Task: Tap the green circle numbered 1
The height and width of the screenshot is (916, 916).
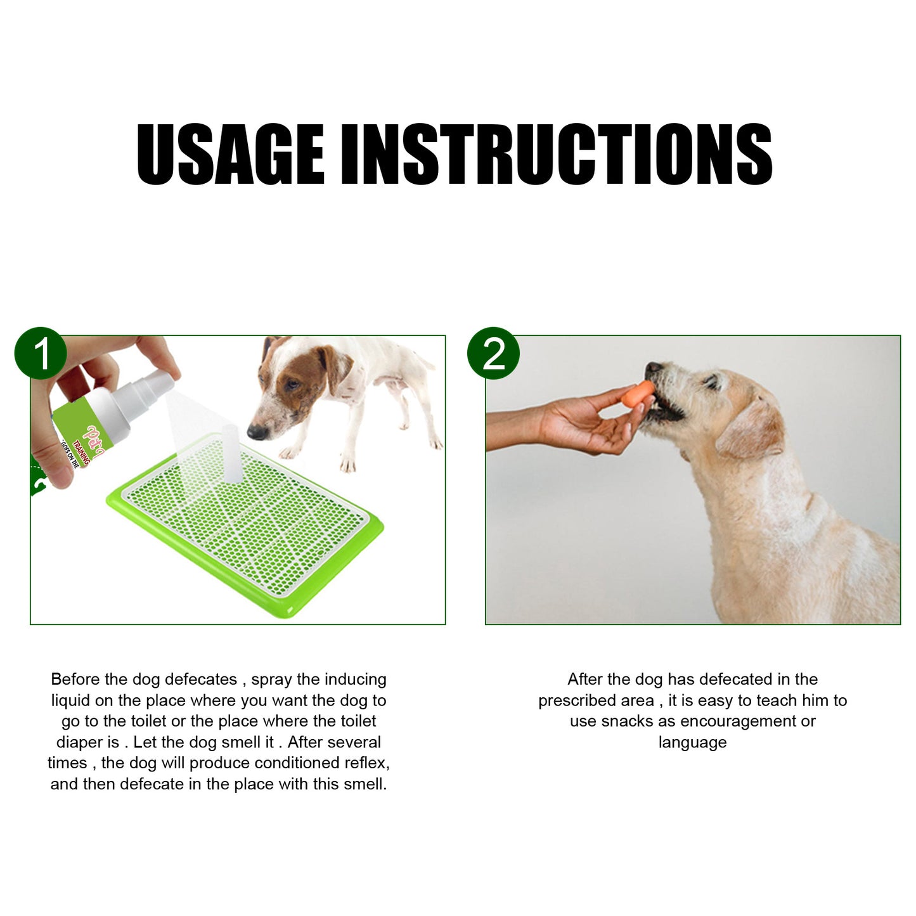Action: tap(41, 353)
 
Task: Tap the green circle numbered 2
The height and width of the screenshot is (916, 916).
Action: tap(493, 353)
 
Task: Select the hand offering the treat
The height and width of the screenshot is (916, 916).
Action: tap(583, 422)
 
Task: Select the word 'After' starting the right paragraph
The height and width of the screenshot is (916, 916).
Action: tap(584, 680)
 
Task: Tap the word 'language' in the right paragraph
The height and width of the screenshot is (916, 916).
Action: tap(692, 742)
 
